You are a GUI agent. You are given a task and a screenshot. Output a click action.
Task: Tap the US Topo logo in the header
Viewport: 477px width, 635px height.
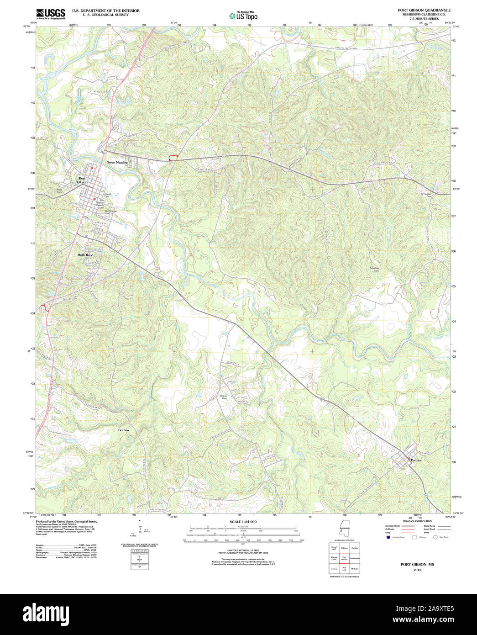pos(243,16)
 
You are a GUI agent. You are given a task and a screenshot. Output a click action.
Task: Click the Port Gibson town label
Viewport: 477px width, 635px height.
pos(83,180)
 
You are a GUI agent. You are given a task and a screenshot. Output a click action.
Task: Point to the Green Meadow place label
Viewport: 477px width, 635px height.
pos(117,162)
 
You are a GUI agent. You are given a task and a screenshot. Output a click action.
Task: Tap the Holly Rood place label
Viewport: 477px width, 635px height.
pos(85,254)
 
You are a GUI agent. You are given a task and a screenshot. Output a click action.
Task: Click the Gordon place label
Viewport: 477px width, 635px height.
pos(124,430)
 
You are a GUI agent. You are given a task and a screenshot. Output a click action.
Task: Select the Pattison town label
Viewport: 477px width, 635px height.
pos(416,460)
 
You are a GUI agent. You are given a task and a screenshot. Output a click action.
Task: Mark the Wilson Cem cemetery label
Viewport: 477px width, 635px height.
pos(223,397)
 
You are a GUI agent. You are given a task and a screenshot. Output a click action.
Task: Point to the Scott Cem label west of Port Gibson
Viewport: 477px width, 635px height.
pos(59,191)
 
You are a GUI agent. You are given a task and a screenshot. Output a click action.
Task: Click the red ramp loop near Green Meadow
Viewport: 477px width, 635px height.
pos(173,158)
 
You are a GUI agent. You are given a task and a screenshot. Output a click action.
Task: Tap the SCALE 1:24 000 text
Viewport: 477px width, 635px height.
pos(243,522)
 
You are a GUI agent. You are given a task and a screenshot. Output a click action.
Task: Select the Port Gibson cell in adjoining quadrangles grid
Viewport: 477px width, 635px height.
pos(345,558)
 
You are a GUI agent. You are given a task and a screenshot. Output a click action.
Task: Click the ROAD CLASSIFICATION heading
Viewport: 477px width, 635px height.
pos(417,521)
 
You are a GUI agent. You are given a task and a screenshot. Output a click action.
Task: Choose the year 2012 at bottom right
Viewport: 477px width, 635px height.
pos(417,570)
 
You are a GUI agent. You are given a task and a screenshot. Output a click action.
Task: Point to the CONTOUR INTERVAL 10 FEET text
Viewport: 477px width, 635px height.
pos(243,550)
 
